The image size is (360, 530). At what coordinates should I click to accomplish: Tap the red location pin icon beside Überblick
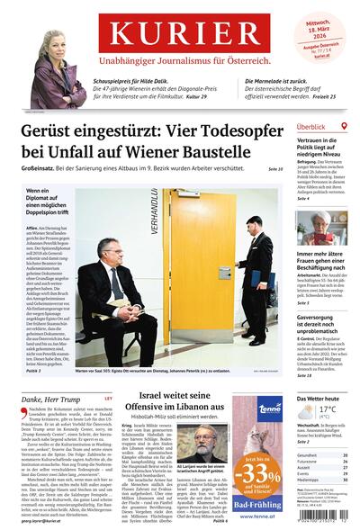point(347,128)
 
